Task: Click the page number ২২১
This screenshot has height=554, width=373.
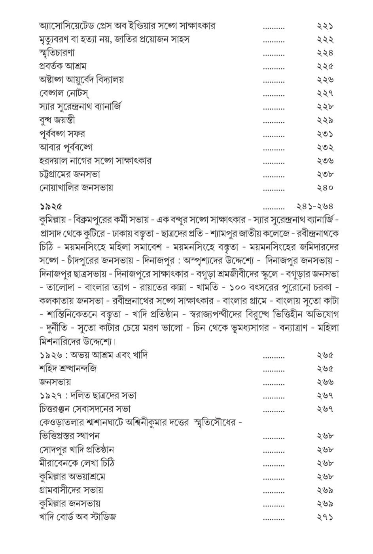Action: coord(325,26)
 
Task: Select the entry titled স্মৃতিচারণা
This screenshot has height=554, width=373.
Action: coord(57,53)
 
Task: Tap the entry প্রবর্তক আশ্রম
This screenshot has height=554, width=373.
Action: coord(62,66)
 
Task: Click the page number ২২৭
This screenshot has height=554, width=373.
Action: coord(325,93)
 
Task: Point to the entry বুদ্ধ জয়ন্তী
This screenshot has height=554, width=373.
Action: coord(57,120)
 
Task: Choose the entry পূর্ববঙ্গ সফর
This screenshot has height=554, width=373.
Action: coord(62,134)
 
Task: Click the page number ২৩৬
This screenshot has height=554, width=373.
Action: coord(325,161)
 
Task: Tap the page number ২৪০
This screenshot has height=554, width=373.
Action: coord(325,188)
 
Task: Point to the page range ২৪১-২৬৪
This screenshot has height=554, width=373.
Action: coord(314,206)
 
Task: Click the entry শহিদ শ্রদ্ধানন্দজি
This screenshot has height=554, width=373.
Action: coord(68,368)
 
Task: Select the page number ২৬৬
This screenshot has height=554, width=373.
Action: coord(325,382)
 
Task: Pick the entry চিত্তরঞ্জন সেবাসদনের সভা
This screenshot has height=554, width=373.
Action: coord(85,409)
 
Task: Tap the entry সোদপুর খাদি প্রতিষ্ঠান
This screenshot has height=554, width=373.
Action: coord(77,450)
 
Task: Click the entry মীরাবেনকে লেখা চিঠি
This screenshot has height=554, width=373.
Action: coord(77,463)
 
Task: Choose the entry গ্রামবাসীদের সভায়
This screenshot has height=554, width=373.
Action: coord(71,490)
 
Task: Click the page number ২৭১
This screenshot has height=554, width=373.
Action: coord(325,517)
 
